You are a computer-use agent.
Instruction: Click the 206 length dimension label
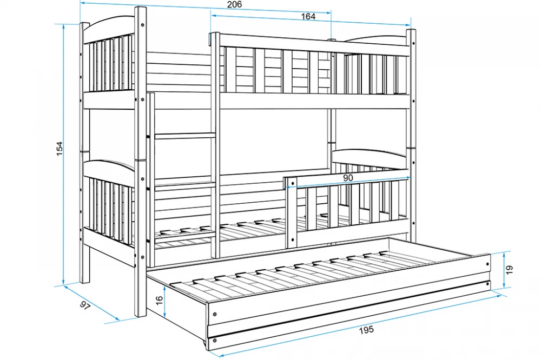point(234,4)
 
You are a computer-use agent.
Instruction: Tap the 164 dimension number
point(308,16)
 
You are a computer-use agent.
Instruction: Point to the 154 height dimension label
point(60,148)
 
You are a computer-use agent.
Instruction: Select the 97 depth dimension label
point(84,305)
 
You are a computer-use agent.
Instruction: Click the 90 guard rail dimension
point(348,178)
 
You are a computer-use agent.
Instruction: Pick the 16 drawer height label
point(159,301)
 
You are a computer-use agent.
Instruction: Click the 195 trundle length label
point(366,330)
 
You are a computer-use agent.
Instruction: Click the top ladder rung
point(183,136)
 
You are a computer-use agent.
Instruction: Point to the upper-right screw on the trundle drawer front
point(487,264)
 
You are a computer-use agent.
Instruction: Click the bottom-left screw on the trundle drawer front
point(215,341)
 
